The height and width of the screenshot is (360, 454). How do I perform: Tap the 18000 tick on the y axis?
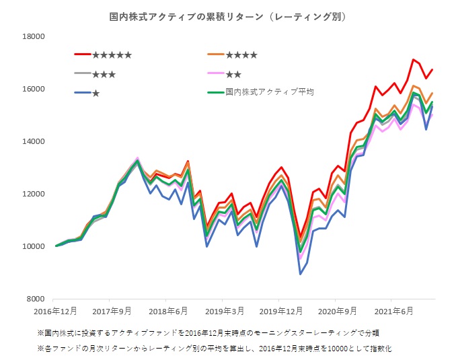(31, 36)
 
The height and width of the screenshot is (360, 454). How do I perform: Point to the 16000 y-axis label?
(31, 89)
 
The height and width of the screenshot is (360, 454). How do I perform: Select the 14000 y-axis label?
(31, 141)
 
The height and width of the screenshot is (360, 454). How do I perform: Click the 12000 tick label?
(31, 194)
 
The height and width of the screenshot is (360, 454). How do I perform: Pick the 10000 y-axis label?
(31, 246)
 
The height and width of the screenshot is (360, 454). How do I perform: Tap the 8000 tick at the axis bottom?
(34, 299)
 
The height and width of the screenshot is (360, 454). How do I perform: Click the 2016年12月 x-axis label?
(55, 312)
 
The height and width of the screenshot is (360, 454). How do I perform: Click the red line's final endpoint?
(432, 69)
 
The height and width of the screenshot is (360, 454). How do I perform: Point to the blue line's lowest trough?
(300, 274)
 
